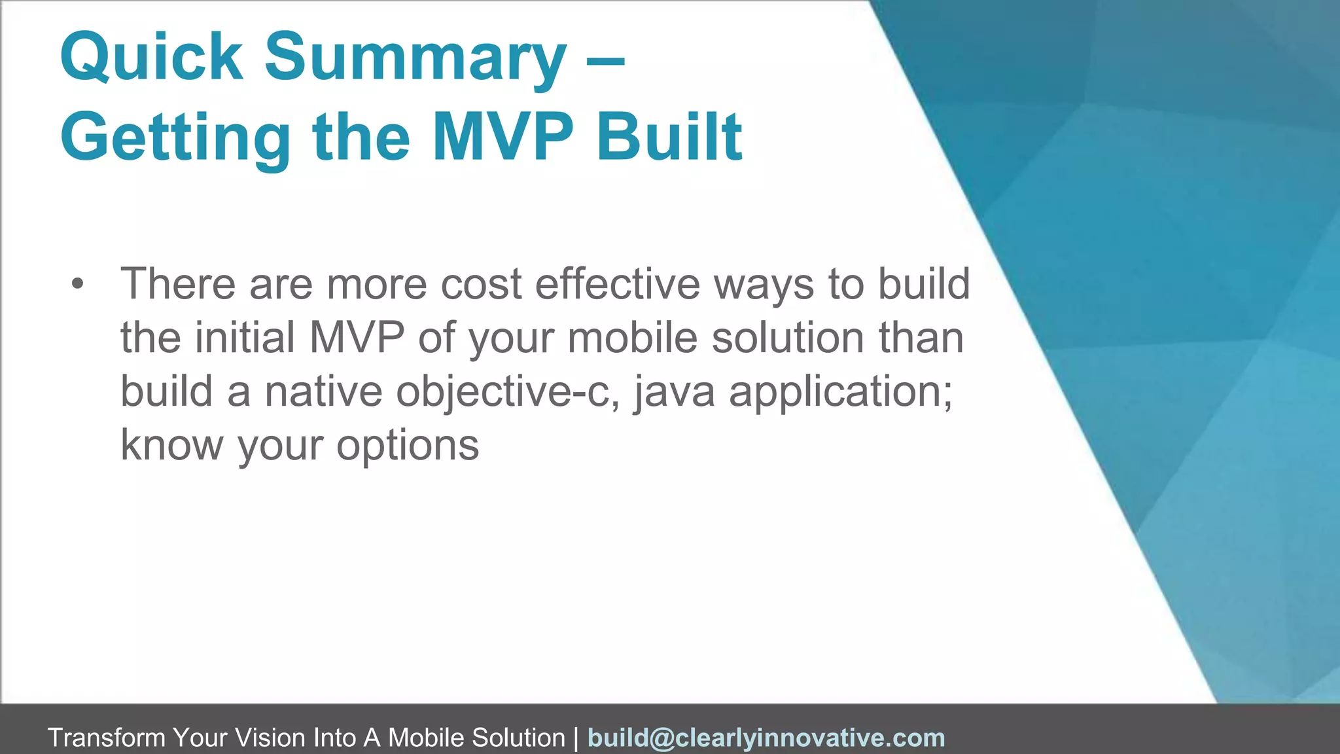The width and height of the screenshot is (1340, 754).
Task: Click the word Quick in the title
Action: click(x=151, y=58)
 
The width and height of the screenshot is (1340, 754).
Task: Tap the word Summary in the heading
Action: click(x=415, y=58)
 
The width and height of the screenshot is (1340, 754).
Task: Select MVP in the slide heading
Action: click(x=502, y=137)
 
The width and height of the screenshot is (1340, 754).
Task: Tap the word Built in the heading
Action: click(x=669, y=137)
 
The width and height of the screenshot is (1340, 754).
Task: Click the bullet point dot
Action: click(x=78, y=284)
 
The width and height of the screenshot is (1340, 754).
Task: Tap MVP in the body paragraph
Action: click(x=357, y=338)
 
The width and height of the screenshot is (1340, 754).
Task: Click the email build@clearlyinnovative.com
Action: click(x=766, y=738)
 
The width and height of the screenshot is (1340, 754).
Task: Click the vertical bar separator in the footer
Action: click(x=576, y=738)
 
